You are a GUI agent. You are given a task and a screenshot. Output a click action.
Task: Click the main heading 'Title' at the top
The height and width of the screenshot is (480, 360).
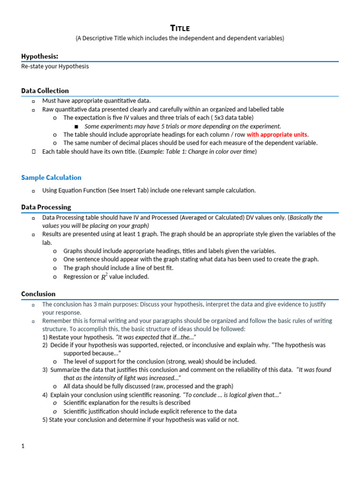coord(180,28)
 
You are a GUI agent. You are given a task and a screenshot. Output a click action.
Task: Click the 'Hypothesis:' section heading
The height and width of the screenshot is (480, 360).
coord(39,56)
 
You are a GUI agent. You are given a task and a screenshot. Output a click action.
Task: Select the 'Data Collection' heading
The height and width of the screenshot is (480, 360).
coord(45,90)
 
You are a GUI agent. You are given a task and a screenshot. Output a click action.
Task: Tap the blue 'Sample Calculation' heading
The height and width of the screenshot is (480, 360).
coord(51,177)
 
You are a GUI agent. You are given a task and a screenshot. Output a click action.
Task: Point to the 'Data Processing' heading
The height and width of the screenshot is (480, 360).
coord(46,207)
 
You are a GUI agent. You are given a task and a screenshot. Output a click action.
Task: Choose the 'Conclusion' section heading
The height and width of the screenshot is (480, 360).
coord(38,294)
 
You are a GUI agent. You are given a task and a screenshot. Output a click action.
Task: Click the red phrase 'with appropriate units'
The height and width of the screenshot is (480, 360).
coord(277,135)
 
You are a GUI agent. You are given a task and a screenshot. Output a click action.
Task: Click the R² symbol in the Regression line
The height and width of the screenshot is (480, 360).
coord(104,277)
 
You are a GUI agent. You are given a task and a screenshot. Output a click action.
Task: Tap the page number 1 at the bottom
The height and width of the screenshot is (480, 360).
coord(22,446)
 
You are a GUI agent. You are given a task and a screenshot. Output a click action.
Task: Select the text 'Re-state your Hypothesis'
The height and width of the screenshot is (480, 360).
coord(55,67)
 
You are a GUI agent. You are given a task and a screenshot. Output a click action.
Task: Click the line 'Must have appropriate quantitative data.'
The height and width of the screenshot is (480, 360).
coord(97,100)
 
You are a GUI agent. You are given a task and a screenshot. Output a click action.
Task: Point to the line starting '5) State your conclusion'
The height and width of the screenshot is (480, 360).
coord(141,420)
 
